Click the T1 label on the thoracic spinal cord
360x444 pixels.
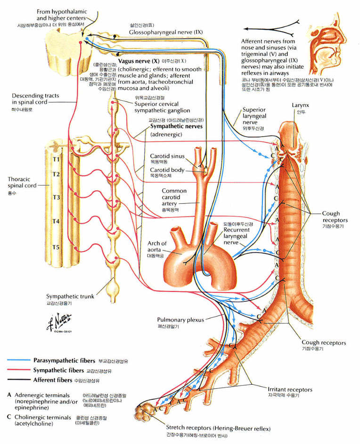[57, 159]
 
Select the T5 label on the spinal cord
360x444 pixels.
[57, 246]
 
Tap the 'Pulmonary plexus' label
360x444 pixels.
[181, 320]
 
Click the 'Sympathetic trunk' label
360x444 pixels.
[70, 297]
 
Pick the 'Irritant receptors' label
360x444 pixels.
[277, 389]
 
